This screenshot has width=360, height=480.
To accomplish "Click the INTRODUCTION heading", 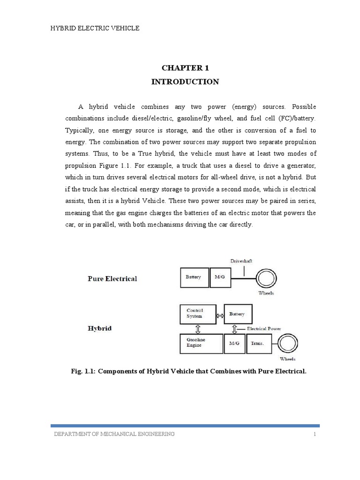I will tap(185, 82).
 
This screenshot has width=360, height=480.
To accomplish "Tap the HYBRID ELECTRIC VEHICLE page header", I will tap(95, 29).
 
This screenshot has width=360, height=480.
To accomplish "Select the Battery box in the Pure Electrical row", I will tap(195, 277).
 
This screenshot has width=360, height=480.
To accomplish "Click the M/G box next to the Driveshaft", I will tap(220, 277).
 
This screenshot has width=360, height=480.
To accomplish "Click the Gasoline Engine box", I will tap(201, 343).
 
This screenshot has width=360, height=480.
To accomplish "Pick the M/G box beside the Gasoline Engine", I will tap(234, 343).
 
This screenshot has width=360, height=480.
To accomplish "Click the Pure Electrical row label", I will tap(112, 278).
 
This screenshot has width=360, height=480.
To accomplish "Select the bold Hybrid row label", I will tap(100, 329).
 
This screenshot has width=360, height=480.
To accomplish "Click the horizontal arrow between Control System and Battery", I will tap(220, 315).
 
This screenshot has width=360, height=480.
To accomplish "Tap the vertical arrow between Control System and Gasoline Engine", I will tap(197, 329).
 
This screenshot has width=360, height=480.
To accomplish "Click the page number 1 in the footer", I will tap(315, 434).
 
